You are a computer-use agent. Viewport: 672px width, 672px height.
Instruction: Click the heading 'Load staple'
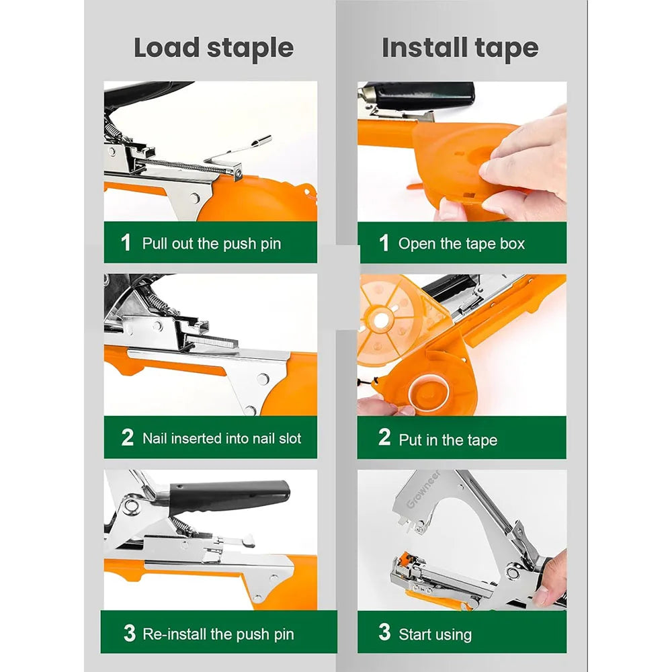tap(214, 48)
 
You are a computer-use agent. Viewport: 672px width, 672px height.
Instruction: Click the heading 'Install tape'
tap(460, 48)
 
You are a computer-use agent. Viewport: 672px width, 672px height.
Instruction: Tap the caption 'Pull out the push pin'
tap(211, 243)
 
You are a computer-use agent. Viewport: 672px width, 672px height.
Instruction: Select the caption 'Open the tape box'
tap(462, 243)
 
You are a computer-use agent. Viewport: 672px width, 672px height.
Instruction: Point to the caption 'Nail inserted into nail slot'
tap(222, 438)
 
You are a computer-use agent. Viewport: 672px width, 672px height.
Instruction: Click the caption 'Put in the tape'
tap(448, 439)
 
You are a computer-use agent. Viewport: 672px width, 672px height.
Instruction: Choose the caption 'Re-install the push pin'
tap(218, 634)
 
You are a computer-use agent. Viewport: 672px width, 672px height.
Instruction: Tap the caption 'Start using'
tap(435, 634)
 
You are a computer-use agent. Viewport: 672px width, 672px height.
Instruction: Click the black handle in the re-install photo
tap(229, 496)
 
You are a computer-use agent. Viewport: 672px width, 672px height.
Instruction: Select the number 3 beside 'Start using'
tap(384, 632)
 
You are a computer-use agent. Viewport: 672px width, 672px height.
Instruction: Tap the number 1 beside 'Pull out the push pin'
tap(126, 243)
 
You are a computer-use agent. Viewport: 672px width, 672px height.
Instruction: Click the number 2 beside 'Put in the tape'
tap(384, 437)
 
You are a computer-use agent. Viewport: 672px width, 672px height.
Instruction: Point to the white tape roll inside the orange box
tap(428, 391)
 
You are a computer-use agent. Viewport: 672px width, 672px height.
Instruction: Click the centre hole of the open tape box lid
tap(380, 320)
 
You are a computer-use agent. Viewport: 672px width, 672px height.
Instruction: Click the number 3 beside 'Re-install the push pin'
tap(130, 633)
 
